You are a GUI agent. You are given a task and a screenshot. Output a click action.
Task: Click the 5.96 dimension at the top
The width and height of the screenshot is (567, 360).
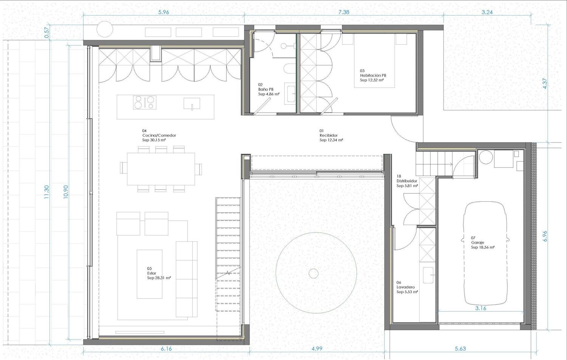pyautogui.click(x=164, y=12)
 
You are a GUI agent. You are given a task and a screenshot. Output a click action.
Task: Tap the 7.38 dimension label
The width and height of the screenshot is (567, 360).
pyautogui.click(x=344, y=12)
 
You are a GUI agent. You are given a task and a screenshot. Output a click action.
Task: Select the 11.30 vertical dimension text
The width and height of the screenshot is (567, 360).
pyautogui.click(x=46, y=192)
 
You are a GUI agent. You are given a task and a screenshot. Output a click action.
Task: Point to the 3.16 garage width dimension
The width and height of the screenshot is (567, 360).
pyautogui.click(x=481, y=308)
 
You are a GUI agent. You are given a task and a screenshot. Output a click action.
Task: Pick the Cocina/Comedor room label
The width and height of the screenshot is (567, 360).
pyautogui.click(x=159, y=135)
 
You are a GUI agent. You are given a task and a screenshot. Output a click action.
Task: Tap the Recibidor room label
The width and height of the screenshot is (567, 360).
pyautogui.click(x=328, y=135)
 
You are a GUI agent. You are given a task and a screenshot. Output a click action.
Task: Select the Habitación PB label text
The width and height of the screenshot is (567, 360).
pyautogui.click(x=373, y=76)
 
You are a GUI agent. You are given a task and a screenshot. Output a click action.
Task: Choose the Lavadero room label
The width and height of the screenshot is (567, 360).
pyautogui.click(x=406, y=287)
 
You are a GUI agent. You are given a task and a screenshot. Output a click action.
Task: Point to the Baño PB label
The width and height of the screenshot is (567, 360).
pyautogui.click(x=266, y=89)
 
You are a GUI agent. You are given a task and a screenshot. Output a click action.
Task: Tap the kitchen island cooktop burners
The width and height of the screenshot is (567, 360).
pyautogui.click(x=144, y=102)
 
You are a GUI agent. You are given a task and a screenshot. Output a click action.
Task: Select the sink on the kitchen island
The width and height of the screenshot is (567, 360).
pyautogui.click(x=192, y=104)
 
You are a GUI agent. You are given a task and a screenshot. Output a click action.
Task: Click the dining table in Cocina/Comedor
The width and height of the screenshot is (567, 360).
pyautogui.click(x=161, y=169)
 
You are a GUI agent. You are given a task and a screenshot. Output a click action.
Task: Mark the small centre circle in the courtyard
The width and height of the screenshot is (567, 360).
pyautogui.click(x=314, y=273)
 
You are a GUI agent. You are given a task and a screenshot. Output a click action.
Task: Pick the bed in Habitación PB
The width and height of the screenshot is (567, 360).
pyautogui.click(x=374, y=61)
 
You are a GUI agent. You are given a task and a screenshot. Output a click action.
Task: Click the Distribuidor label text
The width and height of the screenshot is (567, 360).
pyautogui.click(x=407, y=181)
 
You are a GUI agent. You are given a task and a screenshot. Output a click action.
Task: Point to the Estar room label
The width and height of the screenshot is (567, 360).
pyautogui.click(x=152, y=273)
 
